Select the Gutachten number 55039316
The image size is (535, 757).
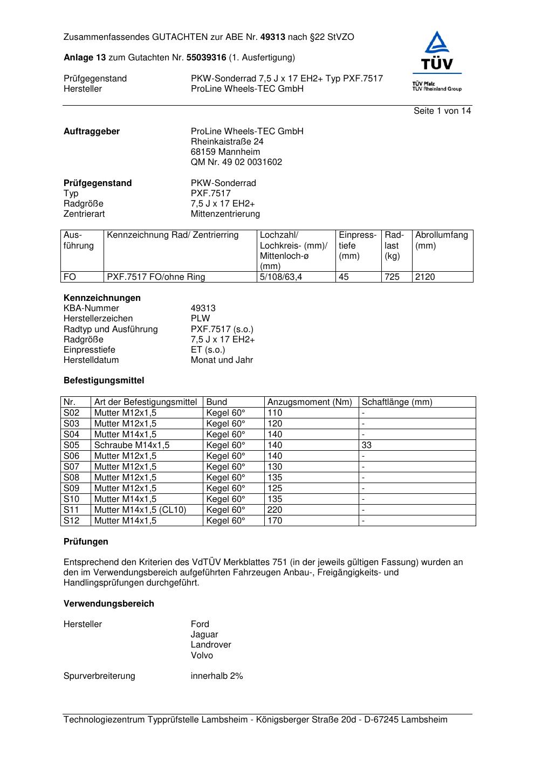pos(206,57)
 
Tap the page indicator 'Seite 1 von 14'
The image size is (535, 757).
pos(442,111)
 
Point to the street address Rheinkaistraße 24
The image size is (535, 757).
pos(227,142)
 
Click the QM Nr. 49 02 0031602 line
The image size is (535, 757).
pos(236,162)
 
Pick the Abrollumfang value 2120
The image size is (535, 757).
pos(425,277)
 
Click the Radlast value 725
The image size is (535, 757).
pos(392,277)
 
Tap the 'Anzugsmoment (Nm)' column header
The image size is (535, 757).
pos(310,402)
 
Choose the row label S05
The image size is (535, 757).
pos(71,445)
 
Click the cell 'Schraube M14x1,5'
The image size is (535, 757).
pos(132,445)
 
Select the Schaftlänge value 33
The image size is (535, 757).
pos(367,445)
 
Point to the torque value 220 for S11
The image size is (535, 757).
pos(275,510)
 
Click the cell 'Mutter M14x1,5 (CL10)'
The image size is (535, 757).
pos(140,510)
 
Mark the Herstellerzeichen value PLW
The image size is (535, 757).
pos(200,319)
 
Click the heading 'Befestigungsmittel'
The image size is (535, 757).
pos(104,381)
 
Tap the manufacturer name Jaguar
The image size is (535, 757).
pos(204,635)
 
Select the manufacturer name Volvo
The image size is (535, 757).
pos(202,656)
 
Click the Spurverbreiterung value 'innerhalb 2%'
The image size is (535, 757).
pos(217,676)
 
